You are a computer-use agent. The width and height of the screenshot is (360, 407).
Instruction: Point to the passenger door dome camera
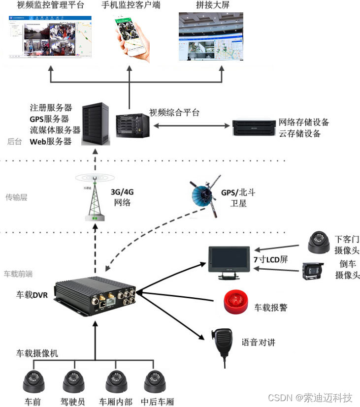tap(318, 241)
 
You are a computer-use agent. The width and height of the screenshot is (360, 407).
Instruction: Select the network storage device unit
tap(254, 127)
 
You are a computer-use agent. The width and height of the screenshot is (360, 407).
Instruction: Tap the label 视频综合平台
tap(174, 112)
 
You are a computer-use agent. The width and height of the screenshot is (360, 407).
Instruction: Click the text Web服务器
tap(51, 142)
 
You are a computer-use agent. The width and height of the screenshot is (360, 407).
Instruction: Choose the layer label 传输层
tap(16, 197)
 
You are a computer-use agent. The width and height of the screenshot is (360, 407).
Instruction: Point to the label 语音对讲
tap(258, 343)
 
